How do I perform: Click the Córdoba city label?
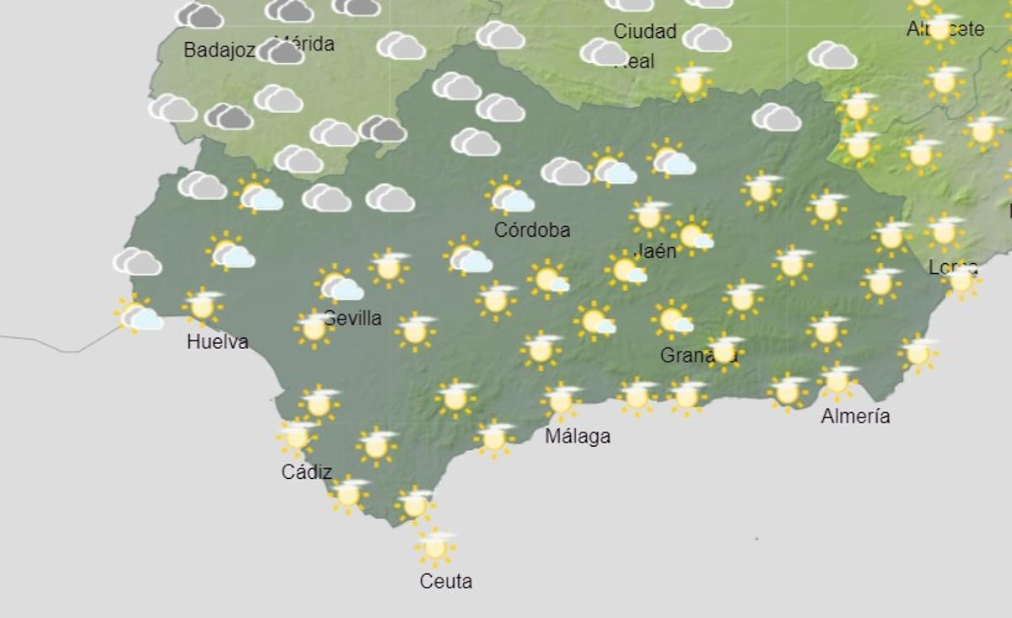pos(532,229)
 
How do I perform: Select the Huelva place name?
pos(218,341)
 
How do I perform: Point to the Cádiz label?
pos(306,472)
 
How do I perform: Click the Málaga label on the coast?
pos(578,436)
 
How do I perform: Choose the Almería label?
pos(855,416)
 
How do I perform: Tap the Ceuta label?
pos(445,581)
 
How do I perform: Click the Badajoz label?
pos(218,51)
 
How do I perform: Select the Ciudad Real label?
pos(644,45)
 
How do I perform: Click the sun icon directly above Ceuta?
pos(435,547)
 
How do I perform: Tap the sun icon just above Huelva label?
pos(202,306)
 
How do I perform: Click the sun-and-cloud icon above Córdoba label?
pos(509,196)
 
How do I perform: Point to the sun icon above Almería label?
pos(837,381)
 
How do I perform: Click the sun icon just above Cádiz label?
pos(297,436)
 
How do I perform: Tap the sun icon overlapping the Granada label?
pos(724,350)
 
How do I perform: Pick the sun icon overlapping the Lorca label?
pos(961,279)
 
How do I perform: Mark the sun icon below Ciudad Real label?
pos(692,81)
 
